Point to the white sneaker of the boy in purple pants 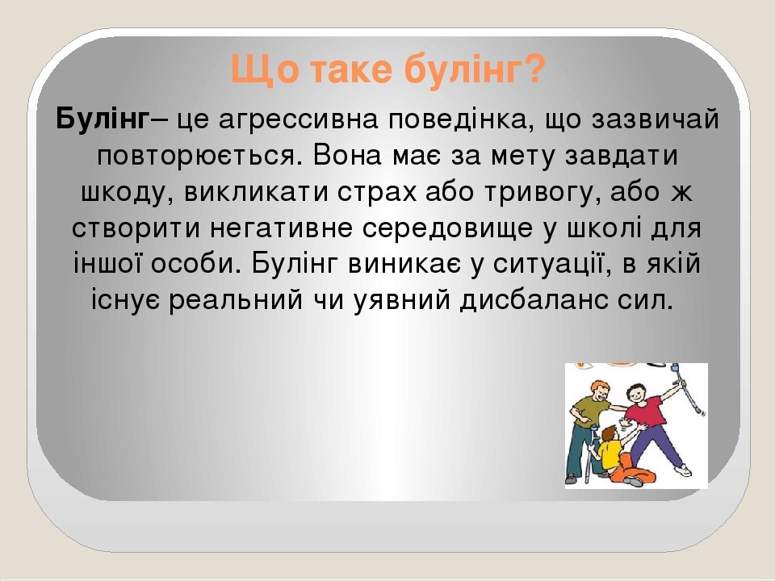[x=682, y=470]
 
